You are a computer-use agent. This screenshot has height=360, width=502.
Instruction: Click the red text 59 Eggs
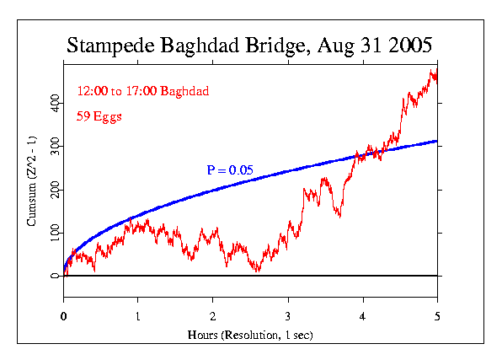click(99, 117)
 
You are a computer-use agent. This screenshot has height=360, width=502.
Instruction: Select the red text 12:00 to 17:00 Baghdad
click(142, 90)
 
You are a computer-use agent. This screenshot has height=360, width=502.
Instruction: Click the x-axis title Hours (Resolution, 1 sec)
click(250, 335)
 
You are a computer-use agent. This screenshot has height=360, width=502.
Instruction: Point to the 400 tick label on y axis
click(55, 100)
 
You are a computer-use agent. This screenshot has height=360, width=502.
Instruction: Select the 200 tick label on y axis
click(55, 188)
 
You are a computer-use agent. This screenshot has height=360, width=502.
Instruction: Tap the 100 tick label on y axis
click(55, 232)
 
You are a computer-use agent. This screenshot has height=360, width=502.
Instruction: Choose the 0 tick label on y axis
click(55, 276)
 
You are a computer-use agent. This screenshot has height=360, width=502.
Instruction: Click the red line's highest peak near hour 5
click(433, 71)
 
